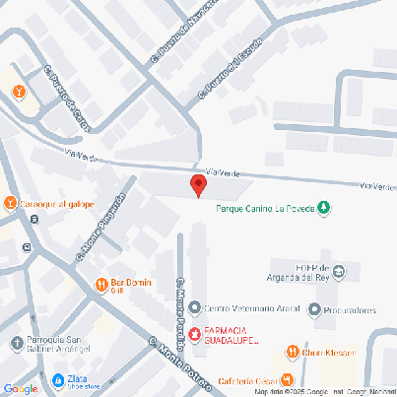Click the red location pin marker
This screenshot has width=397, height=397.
tap(198, 184)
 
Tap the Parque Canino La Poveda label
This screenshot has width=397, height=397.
tap(265, 207)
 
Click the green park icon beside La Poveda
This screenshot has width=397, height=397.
tap(326, 207)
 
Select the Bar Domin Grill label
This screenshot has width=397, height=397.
tap(131, 286)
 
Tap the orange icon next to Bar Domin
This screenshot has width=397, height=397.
tap(101, 286)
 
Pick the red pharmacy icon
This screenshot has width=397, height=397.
tap(195, 334)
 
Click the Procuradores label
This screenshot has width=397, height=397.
tap(349, 310)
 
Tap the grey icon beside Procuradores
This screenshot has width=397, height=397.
tap(314, 310)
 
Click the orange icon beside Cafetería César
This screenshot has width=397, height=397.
tap(287, 379)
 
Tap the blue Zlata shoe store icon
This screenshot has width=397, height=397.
tap(58, 379)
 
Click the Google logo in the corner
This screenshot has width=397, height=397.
tap(21, 388)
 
